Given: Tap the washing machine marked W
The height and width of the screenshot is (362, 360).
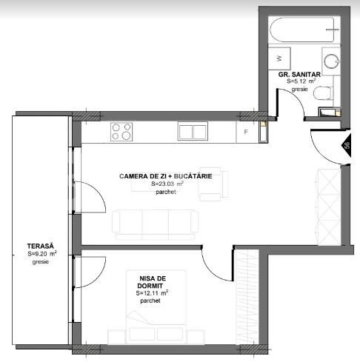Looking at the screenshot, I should (279, 58).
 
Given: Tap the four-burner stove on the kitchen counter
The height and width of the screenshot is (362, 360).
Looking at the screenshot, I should (121, 132).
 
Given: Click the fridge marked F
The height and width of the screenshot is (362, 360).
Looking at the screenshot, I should (246, 132).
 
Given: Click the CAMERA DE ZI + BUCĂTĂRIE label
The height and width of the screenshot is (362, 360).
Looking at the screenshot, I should (166, 176).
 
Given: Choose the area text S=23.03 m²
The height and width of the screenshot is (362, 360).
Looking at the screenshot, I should (166, 184).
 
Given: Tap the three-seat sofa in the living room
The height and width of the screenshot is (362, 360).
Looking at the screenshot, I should (154, 221).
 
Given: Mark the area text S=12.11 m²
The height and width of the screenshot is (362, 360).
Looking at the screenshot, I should (152, 293).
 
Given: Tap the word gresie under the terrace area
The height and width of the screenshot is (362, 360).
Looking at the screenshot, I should (40, 262).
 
